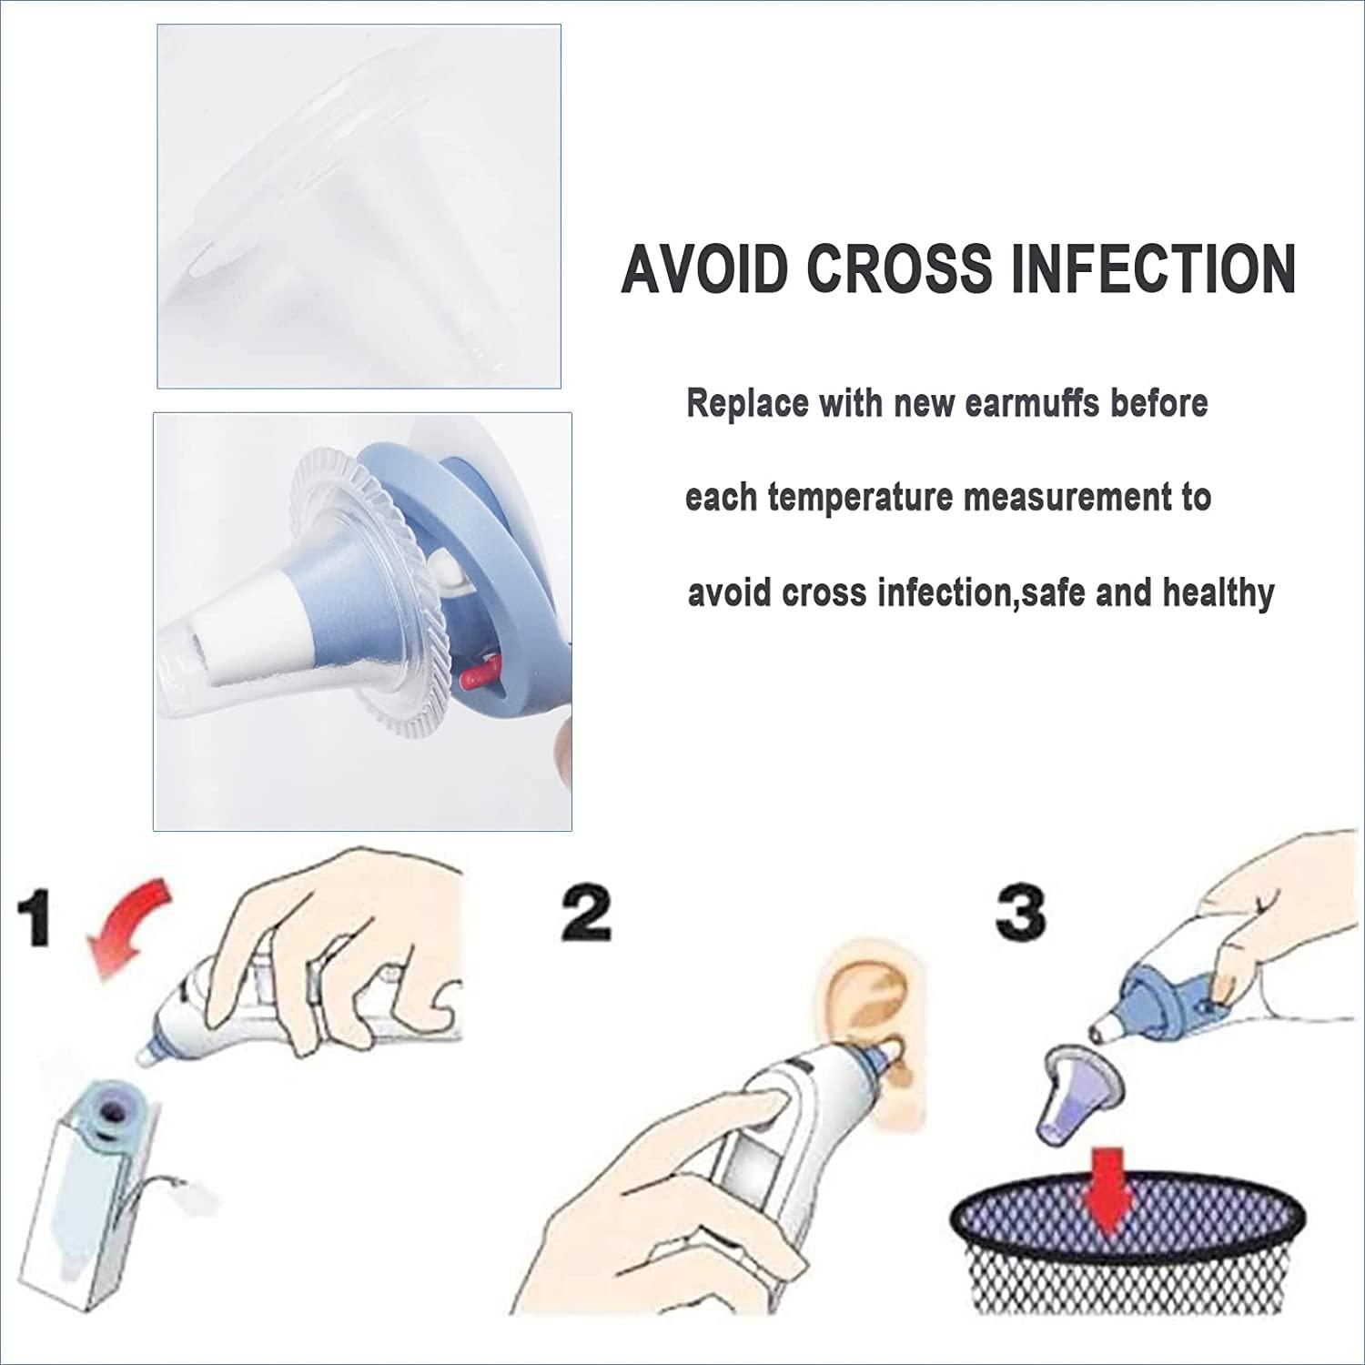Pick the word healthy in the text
coord(1218,593)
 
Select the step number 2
coord(585,914)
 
